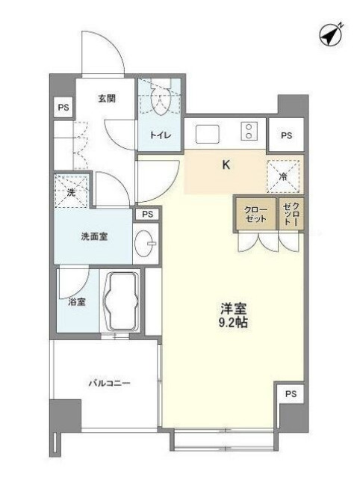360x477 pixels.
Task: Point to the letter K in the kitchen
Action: click(225, 166)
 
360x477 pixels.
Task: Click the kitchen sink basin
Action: click(207, 133)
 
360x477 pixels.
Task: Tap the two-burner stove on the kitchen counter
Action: click(249, 132)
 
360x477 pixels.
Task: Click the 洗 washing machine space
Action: click(72, 192)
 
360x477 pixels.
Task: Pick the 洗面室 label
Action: click(94, 236)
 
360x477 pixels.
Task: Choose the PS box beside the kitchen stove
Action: click(286, 135)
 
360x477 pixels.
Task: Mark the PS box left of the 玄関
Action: click(62, 108)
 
